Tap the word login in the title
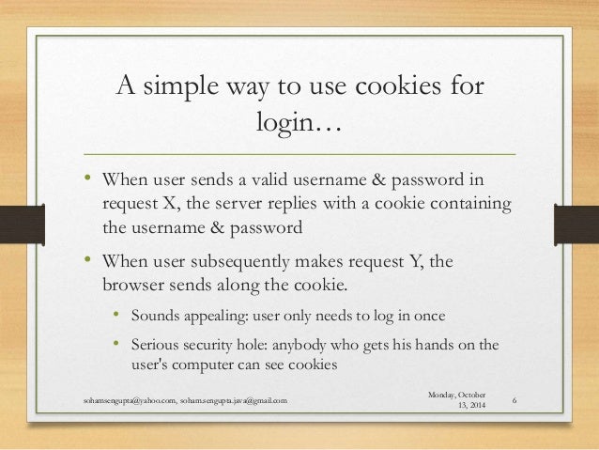pyautogui.click(x=285, y=122)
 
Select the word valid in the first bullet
pyautogui.click(x=274, y=179)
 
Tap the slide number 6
pyautogui.click(x=519, y=401)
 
